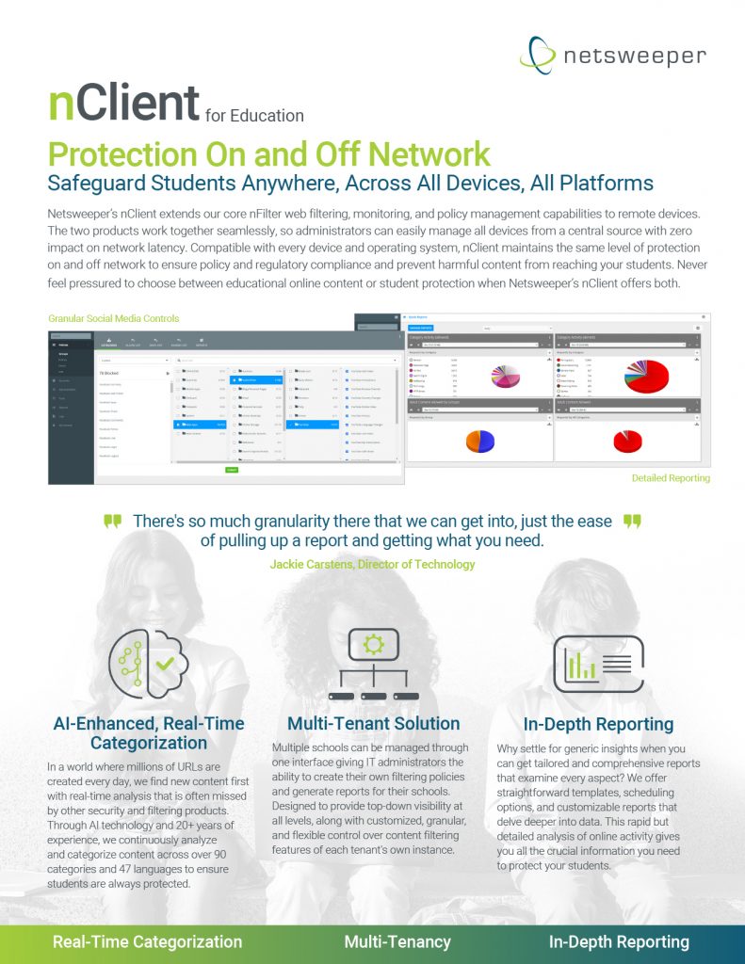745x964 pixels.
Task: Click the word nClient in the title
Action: click(x=123, y=104)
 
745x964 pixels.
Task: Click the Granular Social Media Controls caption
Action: click(x=112, y=318)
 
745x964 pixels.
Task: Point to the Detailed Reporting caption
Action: click(x=671, y=478)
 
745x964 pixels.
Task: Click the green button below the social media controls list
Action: click(x=232, y=470)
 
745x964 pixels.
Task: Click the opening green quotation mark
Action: click(x=113, y=521)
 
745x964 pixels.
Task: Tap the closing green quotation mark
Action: click(x=632, y=521)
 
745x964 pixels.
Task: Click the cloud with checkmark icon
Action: click(x=145, y=663)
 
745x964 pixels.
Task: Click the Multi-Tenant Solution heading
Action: click(x=373, y=724)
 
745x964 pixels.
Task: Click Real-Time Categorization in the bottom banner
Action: click(x=147, y=941)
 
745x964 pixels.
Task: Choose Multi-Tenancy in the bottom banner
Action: click(x=397, y=941)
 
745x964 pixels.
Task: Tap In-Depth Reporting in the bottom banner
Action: click(x=619, y=941)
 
